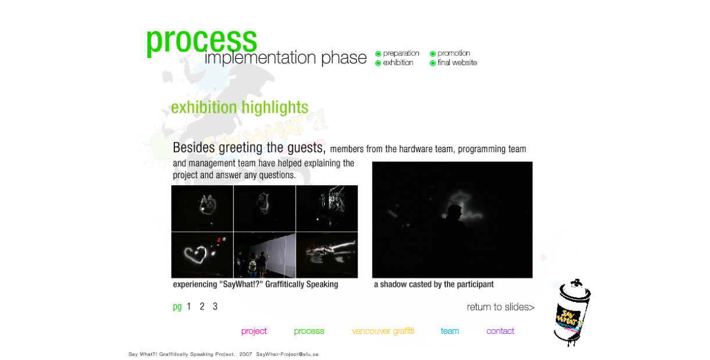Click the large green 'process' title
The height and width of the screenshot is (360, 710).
click(201, 41)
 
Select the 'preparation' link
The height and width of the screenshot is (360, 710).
click(401, 53)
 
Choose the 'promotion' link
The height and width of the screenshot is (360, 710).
click(454, 53)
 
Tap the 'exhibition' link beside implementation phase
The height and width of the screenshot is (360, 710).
click(398, 63)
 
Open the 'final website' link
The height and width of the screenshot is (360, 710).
click(457, 63)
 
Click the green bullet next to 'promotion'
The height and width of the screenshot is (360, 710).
click(433, 53)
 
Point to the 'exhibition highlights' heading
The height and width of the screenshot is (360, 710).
click(239, 107)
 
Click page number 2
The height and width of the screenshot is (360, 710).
click(202, 307)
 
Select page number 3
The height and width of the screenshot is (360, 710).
click(215, 307)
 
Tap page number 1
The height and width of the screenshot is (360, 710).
click(189, 307)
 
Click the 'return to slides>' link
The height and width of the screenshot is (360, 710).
click(500, 307)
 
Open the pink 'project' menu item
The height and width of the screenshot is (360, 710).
click(254, 331)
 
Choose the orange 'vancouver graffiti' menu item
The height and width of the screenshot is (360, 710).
click(383, 331)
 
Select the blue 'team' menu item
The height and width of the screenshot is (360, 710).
click(450, 331)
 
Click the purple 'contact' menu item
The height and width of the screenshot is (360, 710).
click(500, 331)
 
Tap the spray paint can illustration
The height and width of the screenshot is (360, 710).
click(572, 313)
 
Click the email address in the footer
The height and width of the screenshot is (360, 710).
click(287, 354)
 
